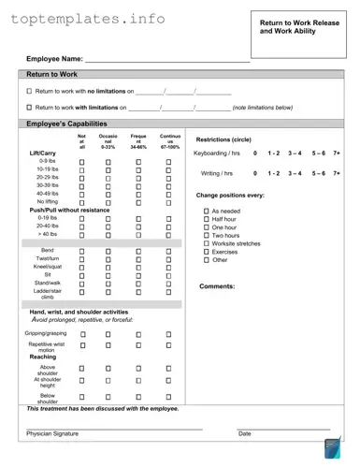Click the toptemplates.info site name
(89, 19)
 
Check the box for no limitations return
(29, 92)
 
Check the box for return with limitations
(29, 108)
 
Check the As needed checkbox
(206, 212)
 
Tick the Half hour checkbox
(206, 219)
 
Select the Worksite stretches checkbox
(206, 243)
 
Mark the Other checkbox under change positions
(206, 260)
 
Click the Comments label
(217, 286)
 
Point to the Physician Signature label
(52, 434)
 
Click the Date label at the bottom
(244, 434)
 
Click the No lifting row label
(47, 201)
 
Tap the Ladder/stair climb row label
(47, 293)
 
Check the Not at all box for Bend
(81, 252)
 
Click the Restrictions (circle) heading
(228, 139)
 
